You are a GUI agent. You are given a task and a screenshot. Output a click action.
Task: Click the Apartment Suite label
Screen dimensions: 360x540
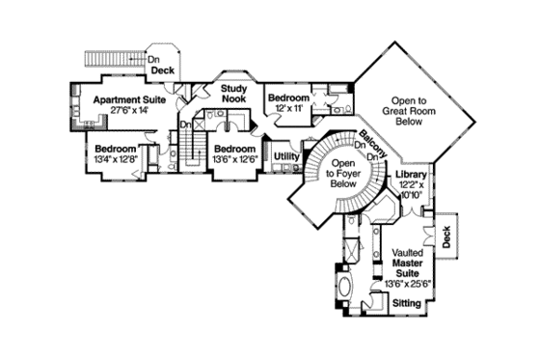click(x=129, y=98)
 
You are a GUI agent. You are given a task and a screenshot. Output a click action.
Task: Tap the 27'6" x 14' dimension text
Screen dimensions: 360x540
click(x=129, y=111)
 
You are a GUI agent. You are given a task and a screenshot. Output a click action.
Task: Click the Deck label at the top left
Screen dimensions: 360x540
click(x=162, y=70)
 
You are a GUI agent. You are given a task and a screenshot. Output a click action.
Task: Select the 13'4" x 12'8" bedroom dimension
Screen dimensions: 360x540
click(x=114, y=159)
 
